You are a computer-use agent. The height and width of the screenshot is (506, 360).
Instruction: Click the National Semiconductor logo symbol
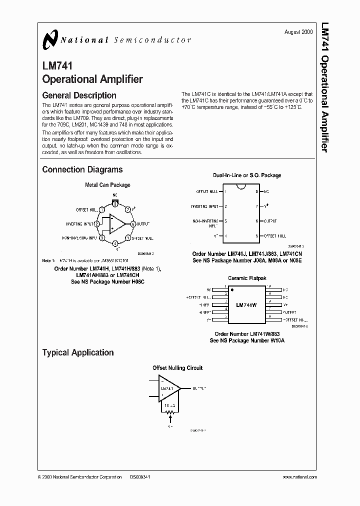pos(49,39)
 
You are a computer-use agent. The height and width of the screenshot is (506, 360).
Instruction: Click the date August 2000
pos(298,31)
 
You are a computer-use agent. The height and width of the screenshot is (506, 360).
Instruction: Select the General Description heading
pos(79,95)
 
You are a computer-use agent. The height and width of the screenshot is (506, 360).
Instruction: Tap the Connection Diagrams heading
pos(82,169)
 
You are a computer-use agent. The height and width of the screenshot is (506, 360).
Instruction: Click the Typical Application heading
pos(77,352)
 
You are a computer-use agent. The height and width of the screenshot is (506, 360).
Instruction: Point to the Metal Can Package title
pos(107,185)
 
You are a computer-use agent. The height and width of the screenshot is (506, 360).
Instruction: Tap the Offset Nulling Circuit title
pos(177,368)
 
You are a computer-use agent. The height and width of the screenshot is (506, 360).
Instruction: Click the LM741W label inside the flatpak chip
pos(246,304)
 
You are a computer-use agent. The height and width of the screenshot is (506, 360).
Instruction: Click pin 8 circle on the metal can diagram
pos(115,203)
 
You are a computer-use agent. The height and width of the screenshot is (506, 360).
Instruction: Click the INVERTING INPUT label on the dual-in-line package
pos(205,206)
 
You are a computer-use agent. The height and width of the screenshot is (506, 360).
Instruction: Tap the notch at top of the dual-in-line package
pos(240,187)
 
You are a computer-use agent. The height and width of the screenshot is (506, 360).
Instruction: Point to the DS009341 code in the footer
pos(140,477)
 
